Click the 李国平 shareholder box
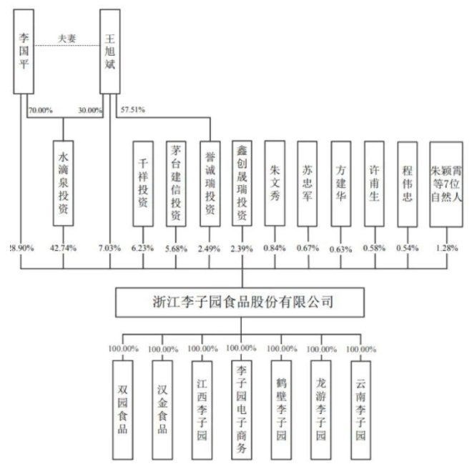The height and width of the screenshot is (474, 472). click(24, 51)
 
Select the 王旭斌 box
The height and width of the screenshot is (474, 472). click(110, 51)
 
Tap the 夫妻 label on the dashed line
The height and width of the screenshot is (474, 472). click(67, 39)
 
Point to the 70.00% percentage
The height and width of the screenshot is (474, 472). click(41, 110)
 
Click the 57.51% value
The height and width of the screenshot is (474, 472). click(133, 109)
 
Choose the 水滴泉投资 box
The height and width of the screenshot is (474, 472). click(63, 183)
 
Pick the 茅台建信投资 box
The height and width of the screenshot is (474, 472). click(176, 184)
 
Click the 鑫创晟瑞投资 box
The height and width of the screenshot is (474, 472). click(242, 183)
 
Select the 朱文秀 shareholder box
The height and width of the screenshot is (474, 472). click(275, 183)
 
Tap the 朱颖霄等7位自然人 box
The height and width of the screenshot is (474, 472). click(446, 184)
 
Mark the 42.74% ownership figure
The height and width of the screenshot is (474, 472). click(63, 248)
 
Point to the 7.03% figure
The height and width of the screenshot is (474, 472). click(109, 248)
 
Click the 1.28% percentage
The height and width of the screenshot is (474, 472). click(447, 248)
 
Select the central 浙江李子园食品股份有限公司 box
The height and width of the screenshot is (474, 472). click(240, 302)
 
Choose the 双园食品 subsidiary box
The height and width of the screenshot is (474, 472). click(123, 410)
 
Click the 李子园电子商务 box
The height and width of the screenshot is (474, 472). click(242, 410)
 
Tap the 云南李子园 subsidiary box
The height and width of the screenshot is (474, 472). click(361, 410)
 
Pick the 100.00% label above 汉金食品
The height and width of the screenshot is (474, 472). click(163, 349)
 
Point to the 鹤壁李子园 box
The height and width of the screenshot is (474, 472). click(282, 410)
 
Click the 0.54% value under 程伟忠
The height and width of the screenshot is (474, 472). click(408, 248)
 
